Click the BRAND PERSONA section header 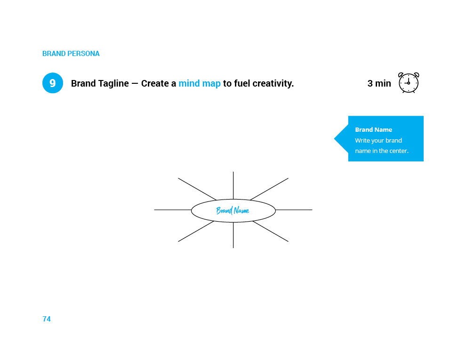71,54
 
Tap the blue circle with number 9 53,83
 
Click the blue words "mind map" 200,83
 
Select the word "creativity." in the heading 273,84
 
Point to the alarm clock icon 409,82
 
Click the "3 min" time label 379,83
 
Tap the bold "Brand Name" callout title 373,129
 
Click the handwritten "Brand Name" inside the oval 233,211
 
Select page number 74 47,319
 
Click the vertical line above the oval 233,185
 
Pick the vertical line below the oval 233,235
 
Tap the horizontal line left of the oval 173,210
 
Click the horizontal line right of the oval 294,210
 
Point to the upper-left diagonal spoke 197,189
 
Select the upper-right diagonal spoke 269,189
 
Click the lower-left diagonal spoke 196,232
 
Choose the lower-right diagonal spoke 271,232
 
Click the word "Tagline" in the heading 113,84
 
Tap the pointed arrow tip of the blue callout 334,138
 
